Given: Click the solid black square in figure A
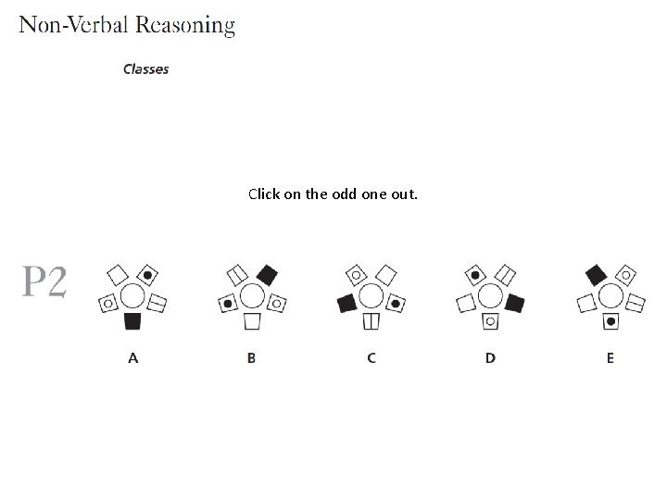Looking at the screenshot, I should tap(132, 321).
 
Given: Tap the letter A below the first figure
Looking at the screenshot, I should tap(132, 357).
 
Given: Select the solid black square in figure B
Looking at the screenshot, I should tap(267, 274).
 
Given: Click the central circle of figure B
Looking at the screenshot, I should tap(252, 296).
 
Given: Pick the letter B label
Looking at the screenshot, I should tap(251, 357).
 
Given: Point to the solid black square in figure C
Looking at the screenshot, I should tap(347, 303).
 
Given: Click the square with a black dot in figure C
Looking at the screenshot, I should tap(395, 303).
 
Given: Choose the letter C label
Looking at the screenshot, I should tap(371, 357).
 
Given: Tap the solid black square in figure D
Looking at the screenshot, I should tap(514, 303).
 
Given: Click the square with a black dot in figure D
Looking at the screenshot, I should tap(475, 274).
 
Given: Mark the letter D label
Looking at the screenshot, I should tap(490, 357).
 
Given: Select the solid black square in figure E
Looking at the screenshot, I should tap(596, 274).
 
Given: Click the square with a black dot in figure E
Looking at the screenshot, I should tap(610, 321).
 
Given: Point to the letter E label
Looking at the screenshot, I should tap(610, 357).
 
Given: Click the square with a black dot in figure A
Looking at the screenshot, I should tap(147, 274).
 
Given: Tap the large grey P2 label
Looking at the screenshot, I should tap(44, 282).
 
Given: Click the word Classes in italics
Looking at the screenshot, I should tap(146, 69).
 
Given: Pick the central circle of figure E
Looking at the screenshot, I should tap(610, 296).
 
